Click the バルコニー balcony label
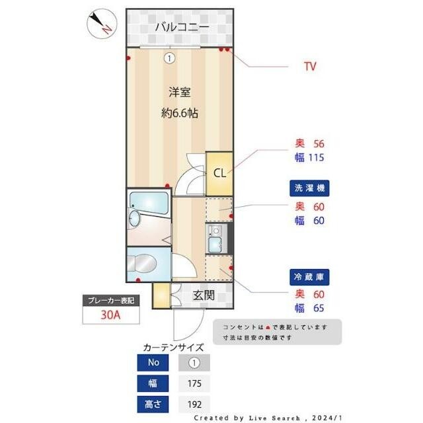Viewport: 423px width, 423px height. point(182,27)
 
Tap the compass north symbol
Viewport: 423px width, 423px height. point(101,24)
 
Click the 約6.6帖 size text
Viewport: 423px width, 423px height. point(179,113)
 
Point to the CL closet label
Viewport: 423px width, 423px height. point(219,173)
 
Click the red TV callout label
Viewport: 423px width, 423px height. point(310,66)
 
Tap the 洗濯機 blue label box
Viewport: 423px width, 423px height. point(310,188)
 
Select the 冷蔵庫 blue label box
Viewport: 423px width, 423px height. point(310,277)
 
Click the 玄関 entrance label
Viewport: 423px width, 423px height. point(204,295)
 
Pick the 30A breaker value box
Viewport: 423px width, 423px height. point(110,315)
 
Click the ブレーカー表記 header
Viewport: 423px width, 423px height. point(110,301)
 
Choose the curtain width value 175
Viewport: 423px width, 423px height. point(194,383)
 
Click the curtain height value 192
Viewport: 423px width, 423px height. point(194,404)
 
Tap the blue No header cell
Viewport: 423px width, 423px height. point(153,363)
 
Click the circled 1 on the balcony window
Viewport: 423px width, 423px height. point(170,58)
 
